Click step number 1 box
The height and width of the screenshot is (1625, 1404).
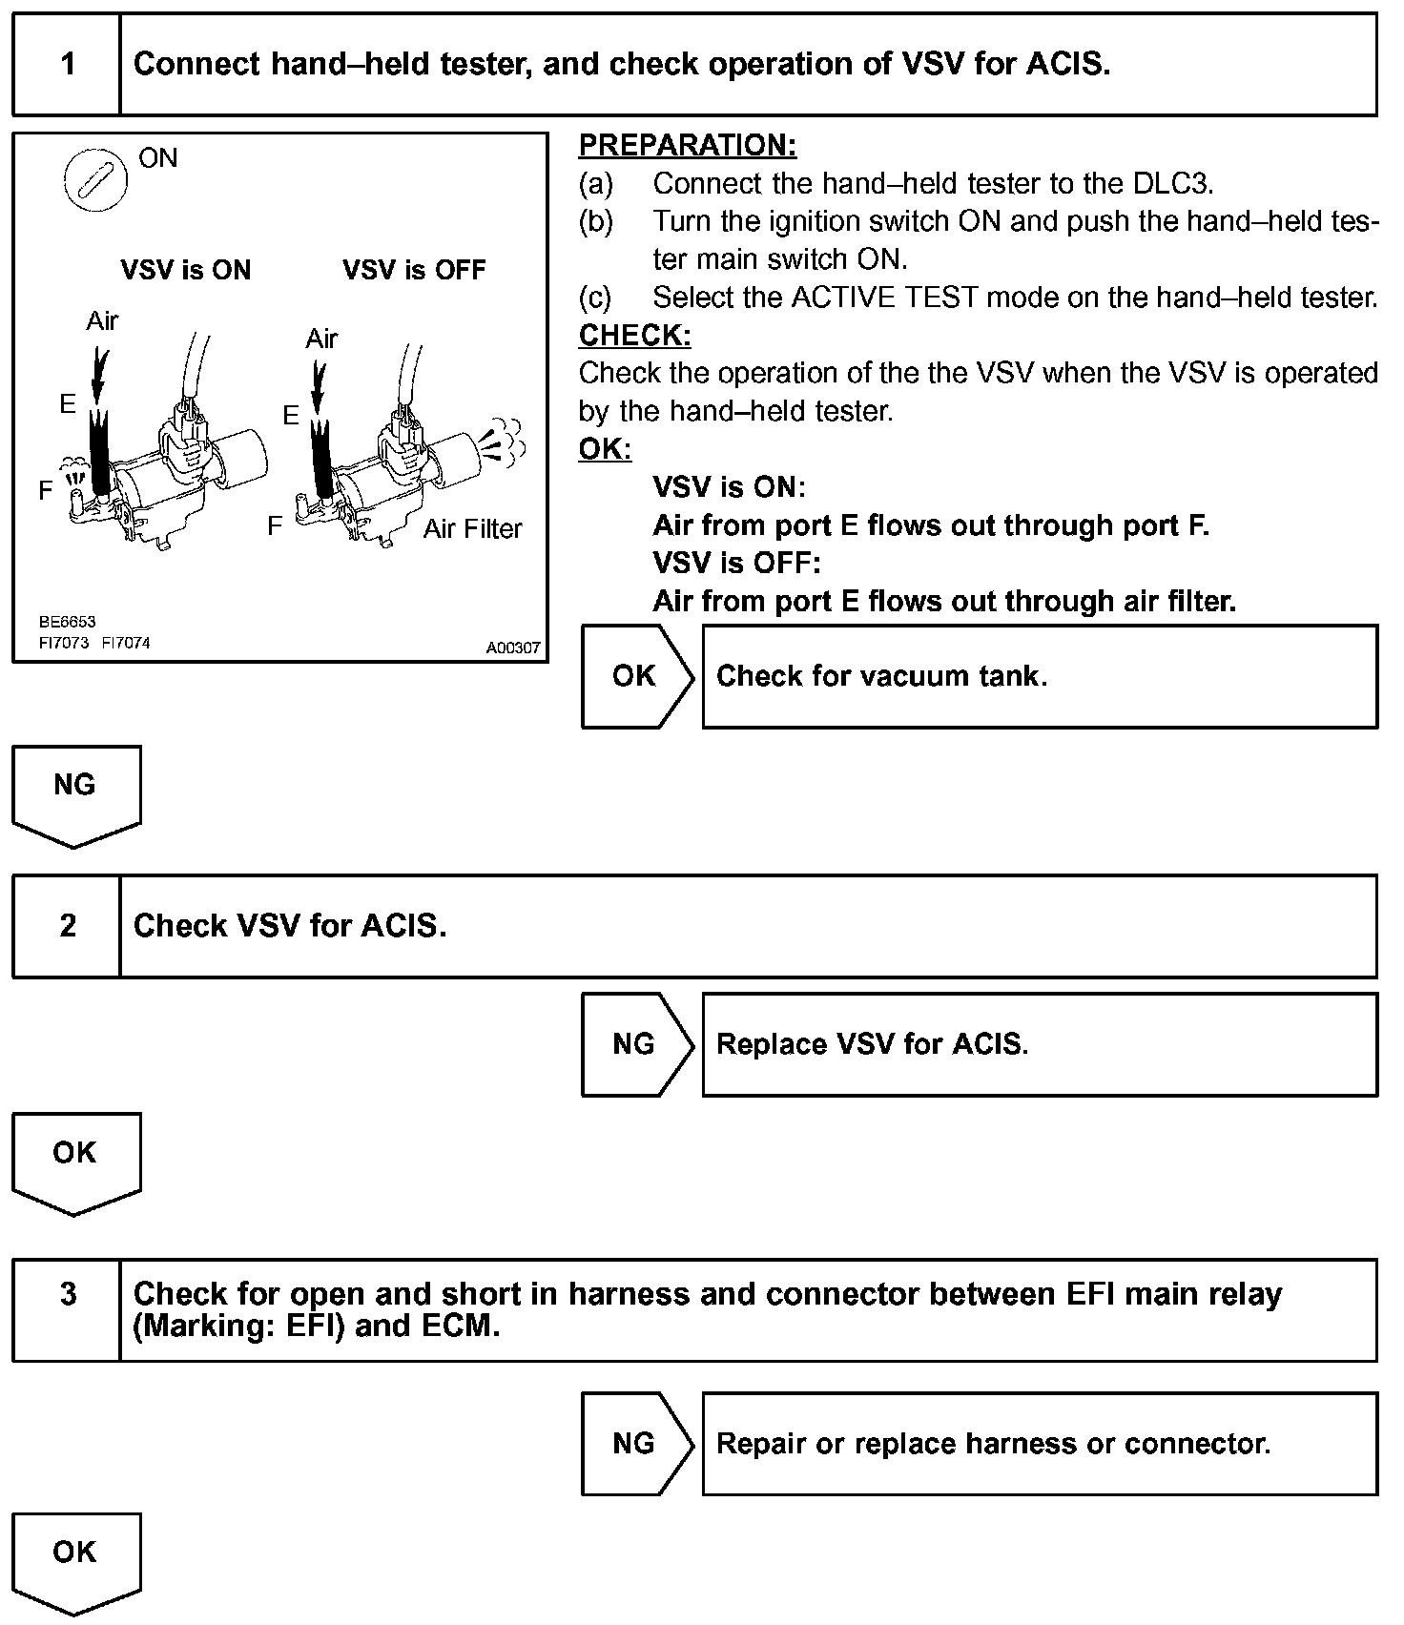67,64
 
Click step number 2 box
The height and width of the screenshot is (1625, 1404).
67,926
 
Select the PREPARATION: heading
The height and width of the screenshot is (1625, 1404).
687,145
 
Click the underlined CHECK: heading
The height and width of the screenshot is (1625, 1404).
634,335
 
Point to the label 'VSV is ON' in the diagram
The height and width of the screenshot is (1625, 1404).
186,270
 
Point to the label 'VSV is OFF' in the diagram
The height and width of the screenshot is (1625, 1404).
414,270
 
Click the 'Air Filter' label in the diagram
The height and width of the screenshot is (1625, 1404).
473,528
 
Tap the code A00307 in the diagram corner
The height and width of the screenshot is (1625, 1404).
513,648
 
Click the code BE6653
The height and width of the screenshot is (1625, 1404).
67,622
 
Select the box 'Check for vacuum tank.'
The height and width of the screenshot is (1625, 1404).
1040,676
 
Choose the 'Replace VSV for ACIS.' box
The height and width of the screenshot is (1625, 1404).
1040,1044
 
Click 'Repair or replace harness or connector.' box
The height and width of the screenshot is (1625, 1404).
1040,1444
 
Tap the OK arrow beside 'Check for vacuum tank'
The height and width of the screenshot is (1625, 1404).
636,676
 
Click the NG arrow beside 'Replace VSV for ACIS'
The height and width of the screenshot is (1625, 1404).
636,1044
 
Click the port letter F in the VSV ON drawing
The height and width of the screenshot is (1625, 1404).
45,490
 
